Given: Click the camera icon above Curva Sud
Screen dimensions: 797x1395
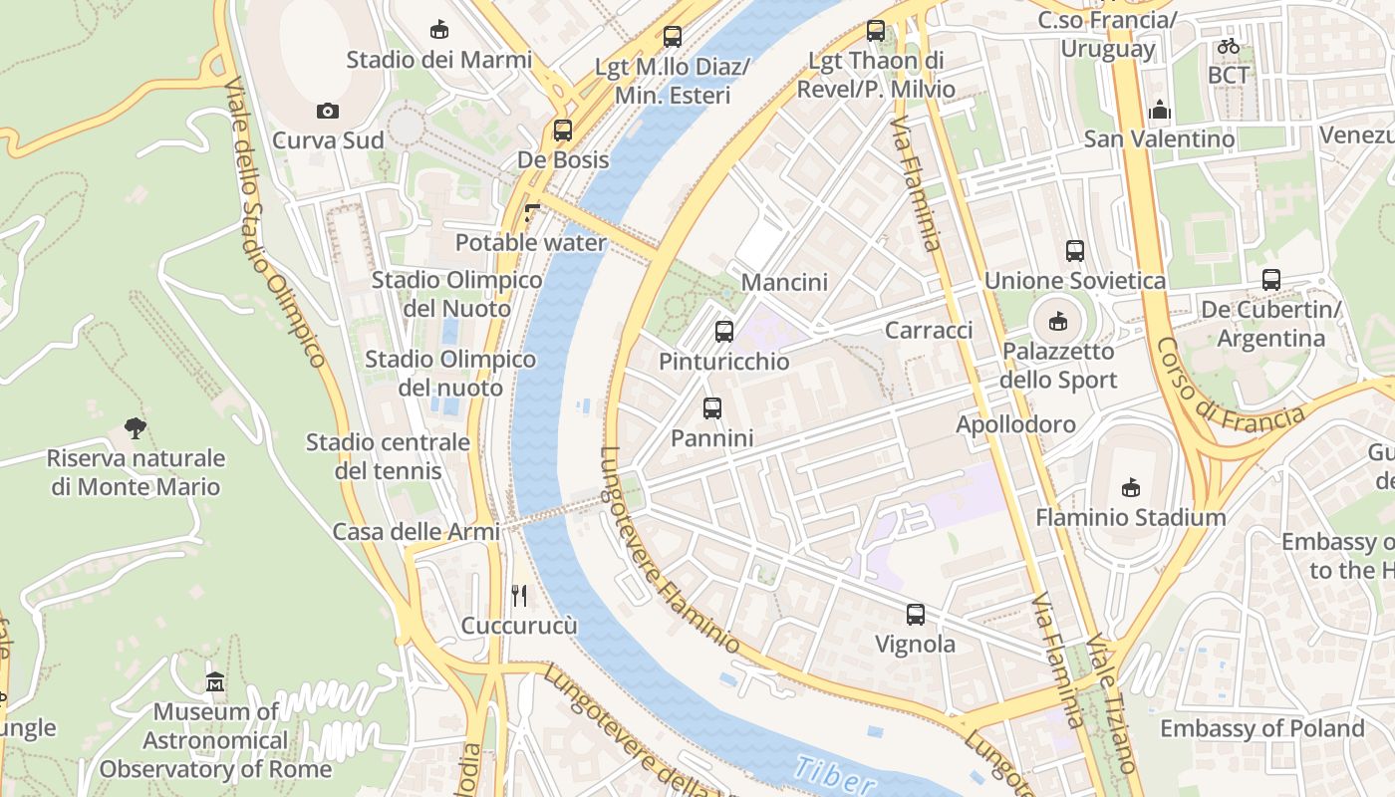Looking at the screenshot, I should [328, 111].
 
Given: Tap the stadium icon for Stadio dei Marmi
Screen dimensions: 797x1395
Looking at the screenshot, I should [438, 29].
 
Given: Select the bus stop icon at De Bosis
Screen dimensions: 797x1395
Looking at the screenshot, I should [563, 130].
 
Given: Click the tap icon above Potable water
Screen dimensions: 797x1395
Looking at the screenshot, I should [530, 212].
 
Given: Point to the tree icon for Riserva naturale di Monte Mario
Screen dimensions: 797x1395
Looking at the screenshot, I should [136, 428].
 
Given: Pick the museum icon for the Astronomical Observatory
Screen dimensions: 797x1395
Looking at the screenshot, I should [215, 682].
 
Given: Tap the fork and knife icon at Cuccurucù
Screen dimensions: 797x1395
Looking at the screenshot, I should [518, 596].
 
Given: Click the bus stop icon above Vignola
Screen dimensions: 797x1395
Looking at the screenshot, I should [915, 615].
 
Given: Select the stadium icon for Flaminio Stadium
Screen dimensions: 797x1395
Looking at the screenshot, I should [1130, 487].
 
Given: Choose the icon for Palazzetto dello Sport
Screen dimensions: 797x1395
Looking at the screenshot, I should [1057, 321].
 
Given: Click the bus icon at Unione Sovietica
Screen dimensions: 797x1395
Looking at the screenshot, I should [1074, 251].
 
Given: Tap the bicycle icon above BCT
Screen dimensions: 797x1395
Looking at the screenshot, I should [1228, 46].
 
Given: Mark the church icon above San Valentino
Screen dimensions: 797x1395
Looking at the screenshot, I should [1159, 109].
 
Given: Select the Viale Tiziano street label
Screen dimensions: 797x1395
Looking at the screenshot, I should [1110, 702].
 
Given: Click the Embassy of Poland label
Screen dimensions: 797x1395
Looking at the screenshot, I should [1261, 728].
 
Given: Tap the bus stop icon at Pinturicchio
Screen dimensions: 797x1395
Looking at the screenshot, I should [724, 332].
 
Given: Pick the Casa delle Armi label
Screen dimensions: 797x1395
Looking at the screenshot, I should [417, 532].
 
